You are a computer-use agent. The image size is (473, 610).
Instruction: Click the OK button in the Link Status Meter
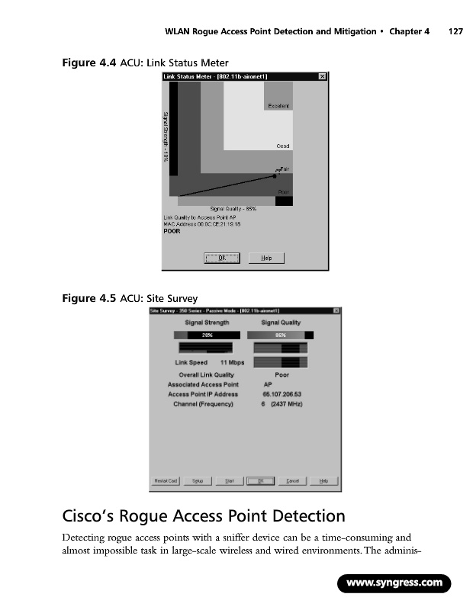click(x=222, y=258)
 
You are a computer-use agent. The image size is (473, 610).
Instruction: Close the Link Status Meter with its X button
click(x=322, y=76)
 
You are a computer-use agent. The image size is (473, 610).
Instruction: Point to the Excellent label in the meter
click(x=278, y=106)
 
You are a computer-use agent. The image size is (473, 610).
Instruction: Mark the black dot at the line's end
click(x=275, y=175)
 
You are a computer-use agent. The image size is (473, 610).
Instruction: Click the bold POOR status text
click(x=172, y=232)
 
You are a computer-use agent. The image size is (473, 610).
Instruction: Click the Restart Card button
click(x=166, y=480)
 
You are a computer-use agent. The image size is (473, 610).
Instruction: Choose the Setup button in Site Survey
click(x=197, y=480)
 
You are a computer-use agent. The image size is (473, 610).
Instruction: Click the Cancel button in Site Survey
click(x=292, y=480)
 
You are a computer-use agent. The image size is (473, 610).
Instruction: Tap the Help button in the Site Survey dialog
click(x=323, y=480)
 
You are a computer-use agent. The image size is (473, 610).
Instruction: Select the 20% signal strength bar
click(x=207, y=335)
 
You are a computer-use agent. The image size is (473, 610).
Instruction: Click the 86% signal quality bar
click(x=280, y=335)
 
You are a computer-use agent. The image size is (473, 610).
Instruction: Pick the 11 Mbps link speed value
click(x=232, y=362)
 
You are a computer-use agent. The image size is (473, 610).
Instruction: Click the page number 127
click(x=456, y=32)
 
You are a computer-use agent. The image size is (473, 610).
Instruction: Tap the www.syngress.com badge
click(x=394, y=583)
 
